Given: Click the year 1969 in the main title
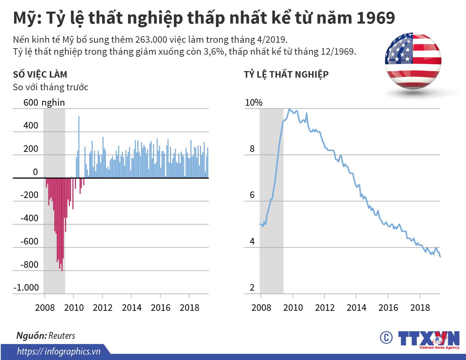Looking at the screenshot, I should tap(375, 18).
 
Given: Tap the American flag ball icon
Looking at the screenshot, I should tap(413, 61).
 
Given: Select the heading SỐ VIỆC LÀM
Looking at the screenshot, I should tap(40, 74).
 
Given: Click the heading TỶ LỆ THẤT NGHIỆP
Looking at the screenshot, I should tap(286, 74).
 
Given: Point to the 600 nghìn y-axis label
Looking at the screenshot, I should tap(44, 102).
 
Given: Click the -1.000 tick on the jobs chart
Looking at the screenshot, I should tap(26, 288).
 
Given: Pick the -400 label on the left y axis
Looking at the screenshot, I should tap(29, 218).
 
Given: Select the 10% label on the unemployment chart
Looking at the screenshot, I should tap(253, 102).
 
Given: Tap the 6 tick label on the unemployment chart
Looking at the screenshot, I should tap(252, 195).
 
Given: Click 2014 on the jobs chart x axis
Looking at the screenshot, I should tap(131, 307).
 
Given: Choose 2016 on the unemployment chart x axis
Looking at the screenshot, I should tap(388, 307).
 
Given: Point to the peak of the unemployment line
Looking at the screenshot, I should tap(289, 109).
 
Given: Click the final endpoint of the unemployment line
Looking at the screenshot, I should tap(440, 256).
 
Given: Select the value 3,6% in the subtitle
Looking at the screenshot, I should tap(215, 52).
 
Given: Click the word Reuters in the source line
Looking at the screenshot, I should tap(62, 336).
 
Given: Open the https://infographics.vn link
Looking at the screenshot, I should tap(58, 351).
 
